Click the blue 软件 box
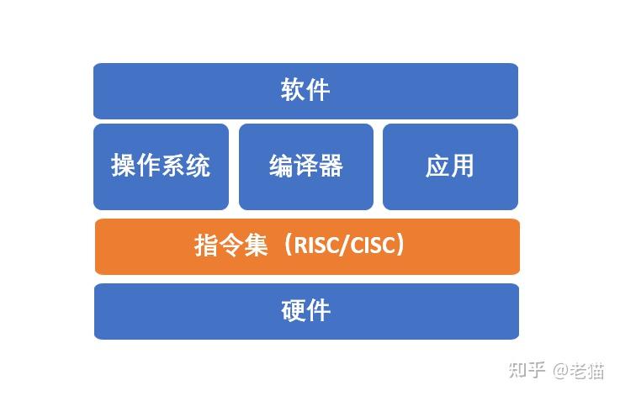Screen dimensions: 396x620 305,91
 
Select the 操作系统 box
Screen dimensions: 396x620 161,166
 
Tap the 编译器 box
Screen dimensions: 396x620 305,166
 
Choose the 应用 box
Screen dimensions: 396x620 450,166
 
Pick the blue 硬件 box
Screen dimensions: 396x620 305,311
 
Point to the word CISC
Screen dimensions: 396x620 371,246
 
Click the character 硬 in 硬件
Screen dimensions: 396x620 293,311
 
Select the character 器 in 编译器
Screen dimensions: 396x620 331,166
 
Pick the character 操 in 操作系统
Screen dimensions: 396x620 124,166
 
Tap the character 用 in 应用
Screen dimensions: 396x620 463,166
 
